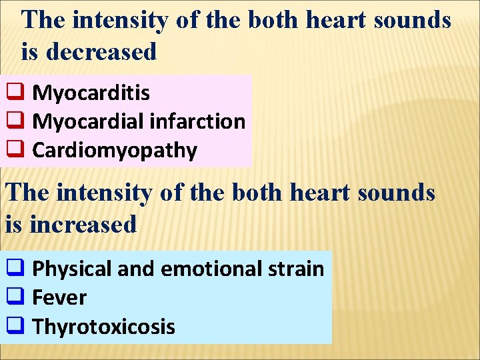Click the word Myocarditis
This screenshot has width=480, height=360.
coord(91,93)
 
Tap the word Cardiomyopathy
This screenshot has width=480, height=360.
coord(115,151)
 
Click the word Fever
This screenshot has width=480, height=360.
coord(59,297)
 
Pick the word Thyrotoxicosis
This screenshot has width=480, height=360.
coord(103,327)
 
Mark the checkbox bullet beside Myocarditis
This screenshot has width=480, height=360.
coord(15,92)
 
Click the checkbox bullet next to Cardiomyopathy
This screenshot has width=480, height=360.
coord(15,150)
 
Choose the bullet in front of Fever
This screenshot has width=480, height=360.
coord(15,297)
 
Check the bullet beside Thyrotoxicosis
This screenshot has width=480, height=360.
coord(15,326)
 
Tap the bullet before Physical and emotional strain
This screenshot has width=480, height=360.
coord(15,268)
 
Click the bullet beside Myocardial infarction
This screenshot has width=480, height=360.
coord(15,121)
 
